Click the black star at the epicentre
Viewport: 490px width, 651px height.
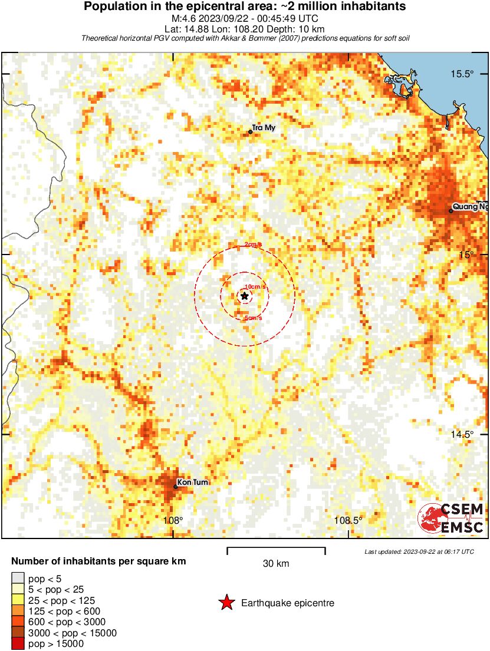(x=245, y=296)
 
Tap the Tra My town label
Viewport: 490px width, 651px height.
(x=264, y=128)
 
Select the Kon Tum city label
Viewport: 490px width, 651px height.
(x=193, y=482)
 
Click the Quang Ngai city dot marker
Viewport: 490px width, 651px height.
(x=451, y=210)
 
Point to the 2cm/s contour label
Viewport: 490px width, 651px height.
(x=253, y=244)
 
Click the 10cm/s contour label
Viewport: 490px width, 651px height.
(x=255, y=286)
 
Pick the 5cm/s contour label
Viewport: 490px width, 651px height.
(x=253, y=318)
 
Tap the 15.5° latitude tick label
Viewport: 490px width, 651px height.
(x=462, y=74)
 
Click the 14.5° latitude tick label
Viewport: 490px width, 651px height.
(x=462, y=434)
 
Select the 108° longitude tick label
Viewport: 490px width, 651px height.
(x=173, y=520)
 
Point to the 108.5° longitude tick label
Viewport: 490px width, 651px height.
(x=348, y=520)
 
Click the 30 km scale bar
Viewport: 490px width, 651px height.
(x=276, y=550)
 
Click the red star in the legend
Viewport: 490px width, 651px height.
(x=226, y=603)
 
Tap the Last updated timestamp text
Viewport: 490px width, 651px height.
(x=419, y=551)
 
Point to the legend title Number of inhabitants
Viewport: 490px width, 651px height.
(x=98, y=561)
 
